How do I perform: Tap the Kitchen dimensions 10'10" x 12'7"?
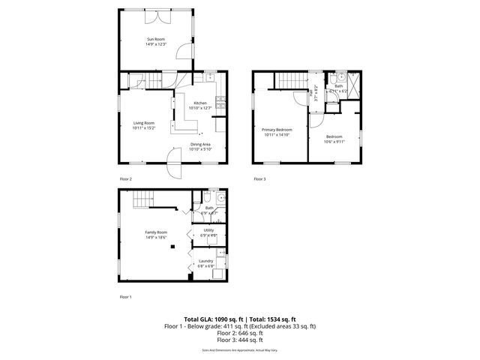coord(200,108)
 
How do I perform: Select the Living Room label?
coord(143,123)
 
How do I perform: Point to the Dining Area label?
coord(200,144)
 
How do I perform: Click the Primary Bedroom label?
coord(277,130)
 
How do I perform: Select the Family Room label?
coord(156,232)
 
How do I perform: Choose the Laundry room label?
coord(206,261)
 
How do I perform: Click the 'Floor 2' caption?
coord(125,179)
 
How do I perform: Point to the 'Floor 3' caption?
coord(259,179)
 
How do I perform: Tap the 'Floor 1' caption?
coord(125,297)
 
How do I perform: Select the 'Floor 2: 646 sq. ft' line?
coord(239,333)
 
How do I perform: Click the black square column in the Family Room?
coord(174,245)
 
